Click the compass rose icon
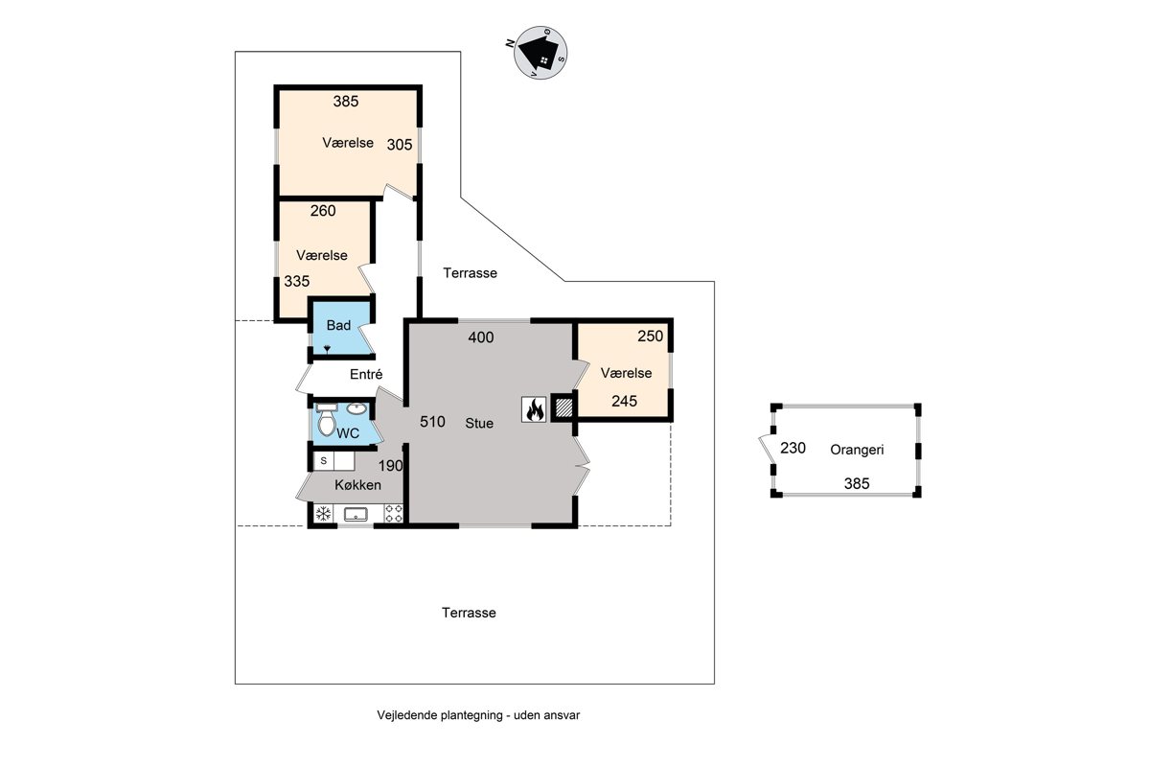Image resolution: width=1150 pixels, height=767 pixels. pos(540,53)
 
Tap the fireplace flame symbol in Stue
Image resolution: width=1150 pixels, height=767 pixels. pos(534,409)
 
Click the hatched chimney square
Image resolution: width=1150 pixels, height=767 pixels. pos(563,407)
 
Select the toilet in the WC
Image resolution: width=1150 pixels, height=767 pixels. pos(326,420)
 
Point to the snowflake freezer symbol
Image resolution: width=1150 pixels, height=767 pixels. pos(323,514)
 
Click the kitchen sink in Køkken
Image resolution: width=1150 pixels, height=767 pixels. pos(356,514)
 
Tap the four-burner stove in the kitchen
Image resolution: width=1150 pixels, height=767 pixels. pos(394,513)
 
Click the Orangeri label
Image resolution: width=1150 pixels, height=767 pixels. pos(857,450)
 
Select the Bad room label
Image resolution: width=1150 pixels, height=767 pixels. pos(338,325)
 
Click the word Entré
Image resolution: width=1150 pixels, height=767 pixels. pos(366,374)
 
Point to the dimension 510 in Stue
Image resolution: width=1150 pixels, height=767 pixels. pos(432,422)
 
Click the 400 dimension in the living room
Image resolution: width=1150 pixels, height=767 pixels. pos(481,337)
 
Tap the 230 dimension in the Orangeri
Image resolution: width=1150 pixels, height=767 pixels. pos(793,448)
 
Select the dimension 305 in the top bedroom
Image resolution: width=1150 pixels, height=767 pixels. pos(400,145)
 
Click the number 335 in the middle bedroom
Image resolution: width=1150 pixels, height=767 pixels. pos(297,282)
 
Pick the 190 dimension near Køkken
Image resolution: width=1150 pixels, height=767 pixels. pos(390,466)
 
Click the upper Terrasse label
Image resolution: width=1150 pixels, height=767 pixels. pos(470,273)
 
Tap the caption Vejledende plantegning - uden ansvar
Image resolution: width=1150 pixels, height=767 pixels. pos(478,715)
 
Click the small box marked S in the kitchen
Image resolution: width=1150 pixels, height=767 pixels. pos(324,461)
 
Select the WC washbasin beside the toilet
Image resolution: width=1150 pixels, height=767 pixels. pos(356,409)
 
